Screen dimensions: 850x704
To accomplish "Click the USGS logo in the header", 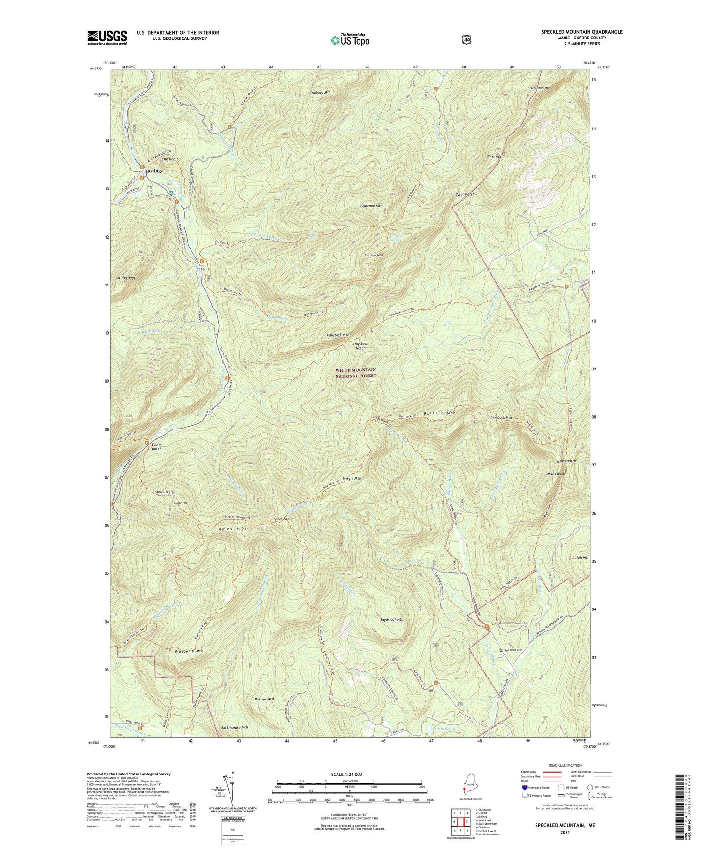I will click(x=107, y=38).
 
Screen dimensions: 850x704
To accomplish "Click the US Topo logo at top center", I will click(x=350, y=40).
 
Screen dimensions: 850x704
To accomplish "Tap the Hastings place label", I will click(x=153, y=171).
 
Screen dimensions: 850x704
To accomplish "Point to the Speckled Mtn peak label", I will click(x=284, y=519).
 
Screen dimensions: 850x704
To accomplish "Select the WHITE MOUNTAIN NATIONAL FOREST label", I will click(x=355, y=373).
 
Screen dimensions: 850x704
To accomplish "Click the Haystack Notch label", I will click(x=360, y=346).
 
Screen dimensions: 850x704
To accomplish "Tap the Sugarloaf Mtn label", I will click(x=391, y=619).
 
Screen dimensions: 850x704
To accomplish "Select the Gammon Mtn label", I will click(x=371, y=206).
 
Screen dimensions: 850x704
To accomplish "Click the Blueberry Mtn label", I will click(x=189, y=651).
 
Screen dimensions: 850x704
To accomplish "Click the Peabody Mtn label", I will click(x=321, y=92).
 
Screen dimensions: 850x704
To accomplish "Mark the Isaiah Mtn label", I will click(x=581, y=557).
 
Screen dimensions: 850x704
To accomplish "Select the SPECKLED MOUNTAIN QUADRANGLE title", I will click(x=582, y=32).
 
